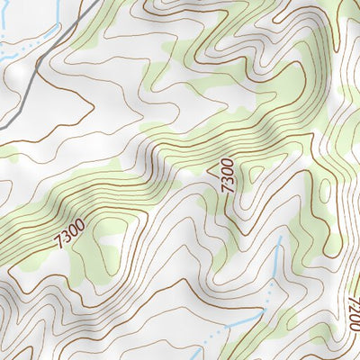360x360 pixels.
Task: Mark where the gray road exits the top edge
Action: coord(95,1)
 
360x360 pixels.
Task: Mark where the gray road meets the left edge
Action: coord(1,128)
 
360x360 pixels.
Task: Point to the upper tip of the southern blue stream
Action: coord(280,238)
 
